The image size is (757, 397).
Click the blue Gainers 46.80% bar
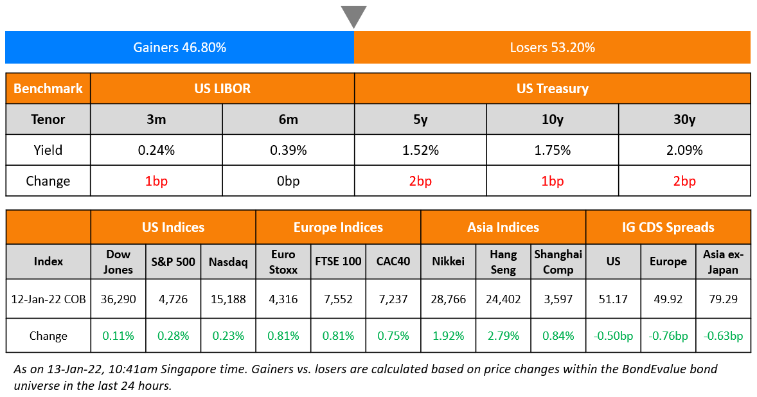click(x=179, y=48)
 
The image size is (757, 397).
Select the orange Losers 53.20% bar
click(x=552, y=48)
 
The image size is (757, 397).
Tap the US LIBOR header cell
click(x=222, y=89)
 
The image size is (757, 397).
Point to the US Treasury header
click(x=552, y=89)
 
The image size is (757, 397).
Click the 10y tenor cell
click(x=552, y=119)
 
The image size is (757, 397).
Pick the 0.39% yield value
click(x=288, y=150)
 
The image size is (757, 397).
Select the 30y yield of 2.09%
click(x=684, y=150)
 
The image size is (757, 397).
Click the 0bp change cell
click(x=288, y=181)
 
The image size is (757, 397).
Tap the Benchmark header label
click(x=48, y=89)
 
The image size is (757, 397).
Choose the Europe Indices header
click(x=338, y=227)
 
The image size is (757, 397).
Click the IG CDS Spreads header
click(x=668, y=227)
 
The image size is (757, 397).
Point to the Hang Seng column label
click(x=503, y=261)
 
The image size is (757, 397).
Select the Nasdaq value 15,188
click(x=228, y=299)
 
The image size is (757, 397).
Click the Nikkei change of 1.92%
click(x=449, y=335)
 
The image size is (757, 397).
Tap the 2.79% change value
click(x=503, y=335)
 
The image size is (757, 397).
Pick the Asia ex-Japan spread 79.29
click(x=723, y=299)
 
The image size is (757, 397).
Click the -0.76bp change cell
click(x=668, y=335)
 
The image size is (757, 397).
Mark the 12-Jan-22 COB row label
click(x=48, y=299)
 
